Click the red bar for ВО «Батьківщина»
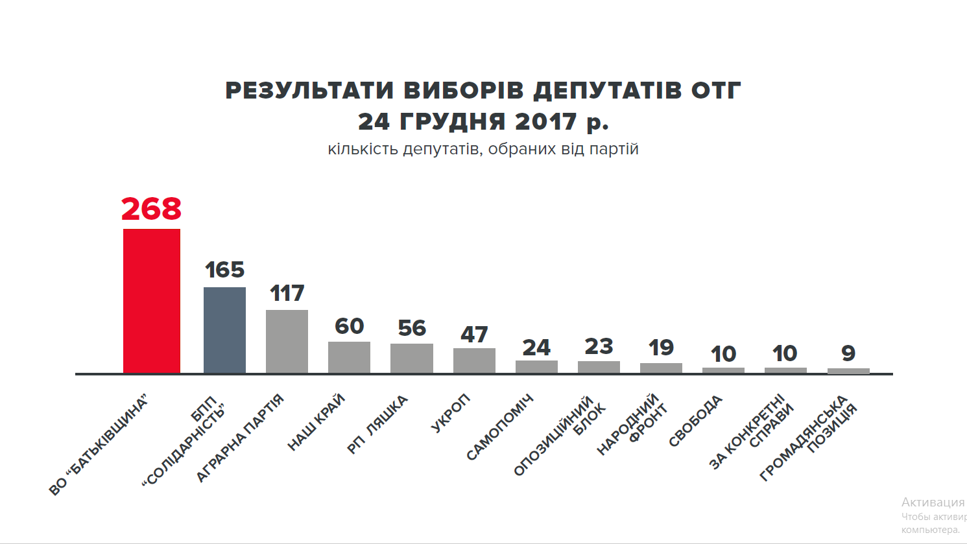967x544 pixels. click(x=152, y=301)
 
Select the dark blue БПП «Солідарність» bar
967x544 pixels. click(x=224, y=330)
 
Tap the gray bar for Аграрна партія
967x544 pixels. click(x=287, y=341)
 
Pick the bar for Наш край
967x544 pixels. click(x=349, y=357)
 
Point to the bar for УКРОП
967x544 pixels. click(x=474, y=361)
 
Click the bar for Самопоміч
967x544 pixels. click(x=536, y=367)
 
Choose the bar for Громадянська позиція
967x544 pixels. click(x=848, y=371)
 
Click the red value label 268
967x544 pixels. click(x=152, y=209)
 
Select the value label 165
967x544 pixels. click(x=224, y=270)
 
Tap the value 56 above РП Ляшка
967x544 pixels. click(x=412, y=328)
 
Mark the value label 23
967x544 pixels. click(x=599, y=347)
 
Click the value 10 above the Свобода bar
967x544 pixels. click(x=723, y=354)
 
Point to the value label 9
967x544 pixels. click(x=848, y=353)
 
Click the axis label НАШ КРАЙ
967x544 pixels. click(x=316, y=422)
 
